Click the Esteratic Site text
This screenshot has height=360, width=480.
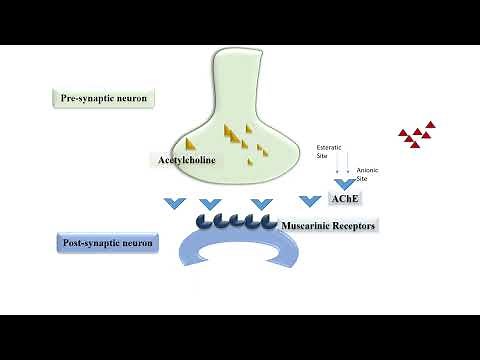[329, 150]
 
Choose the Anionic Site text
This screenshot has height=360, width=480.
[369, 174]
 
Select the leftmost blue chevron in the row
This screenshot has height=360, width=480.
[174, 204]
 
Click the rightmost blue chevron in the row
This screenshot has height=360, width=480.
[308, 204]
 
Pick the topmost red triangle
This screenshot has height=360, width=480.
[430, 125]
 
